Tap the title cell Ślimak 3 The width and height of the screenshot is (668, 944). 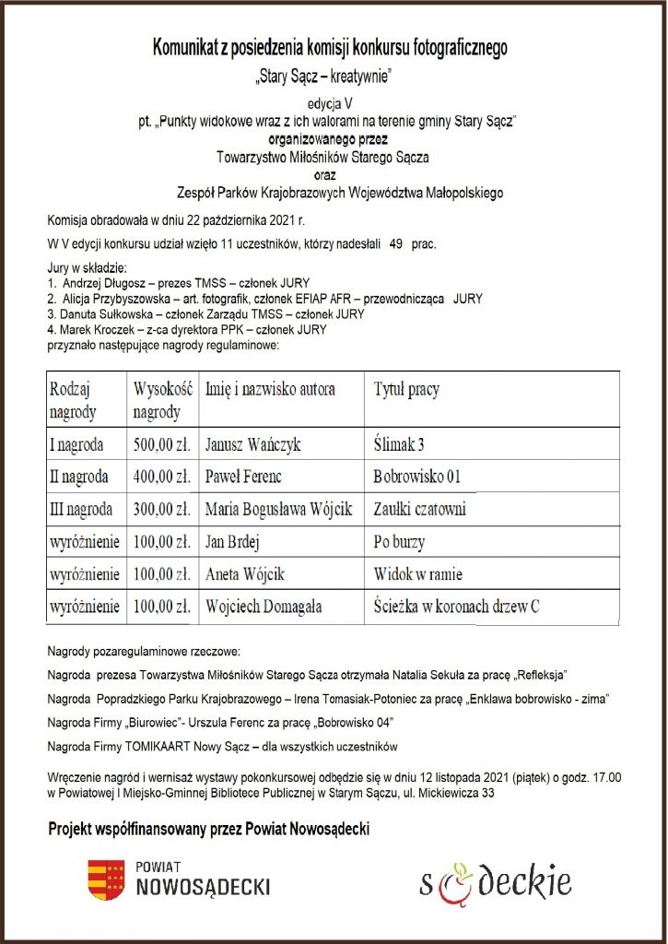pyautogui.click(x=399, y=445)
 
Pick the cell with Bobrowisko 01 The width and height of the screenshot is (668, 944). pyautogui.click(x=416, y=478)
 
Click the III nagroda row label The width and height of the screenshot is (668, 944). pyautogui.click(x=81, y=509)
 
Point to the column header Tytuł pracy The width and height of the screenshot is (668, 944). pyautogui.click(x=406, y=389)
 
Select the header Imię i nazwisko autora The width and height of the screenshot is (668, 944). pyautogui.click(x=270, y=389)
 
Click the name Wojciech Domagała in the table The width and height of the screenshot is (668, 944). pyautogui.click(x=263, y=606)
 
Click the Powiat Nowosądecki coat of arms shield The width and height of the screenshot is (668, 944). pyautogui.click(x=106, y=879)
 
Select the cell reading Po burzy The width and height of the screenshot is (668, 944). pyautogui.click(x=399, y=542)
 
